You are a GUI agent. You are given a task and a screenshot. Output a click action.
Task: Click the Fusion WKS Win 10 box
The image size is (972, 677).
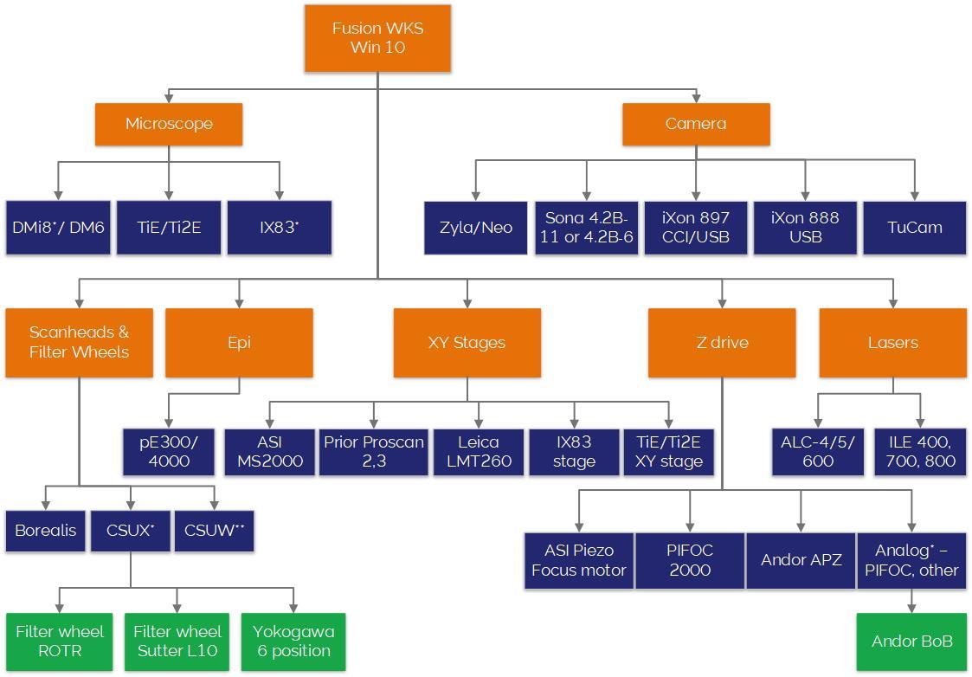point(377,38)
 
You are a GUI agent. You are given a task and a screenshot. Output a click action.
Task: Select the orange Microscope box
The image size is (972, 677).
point(169,124)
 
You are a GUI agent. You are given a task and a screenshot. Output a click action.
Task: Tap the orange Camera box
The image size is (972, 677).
point(696,124)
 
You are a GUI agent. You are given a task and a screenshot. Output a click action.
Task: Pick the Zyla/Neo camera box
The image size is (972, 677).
point(475,228)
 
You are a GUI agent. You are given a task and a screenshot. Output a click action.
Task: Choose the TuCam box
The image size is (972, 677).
point(914,228)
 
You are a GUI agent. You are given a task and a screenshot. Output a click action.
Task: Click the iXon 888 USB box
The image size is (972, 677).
point(805,228)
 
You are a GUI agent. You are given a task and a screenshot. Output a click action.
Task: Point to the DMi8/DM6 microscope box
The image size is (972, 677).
point(58,228)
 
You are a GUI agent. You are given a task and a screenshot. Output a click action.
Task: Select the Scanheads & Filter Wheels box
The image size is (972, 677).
point(79,343)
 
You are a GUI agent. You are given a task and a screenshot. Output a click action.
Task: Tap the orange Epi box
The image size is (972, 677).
point(239,343)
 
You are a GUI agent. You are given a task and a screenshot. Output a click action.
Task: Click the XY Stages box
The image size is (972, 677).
point(467,343)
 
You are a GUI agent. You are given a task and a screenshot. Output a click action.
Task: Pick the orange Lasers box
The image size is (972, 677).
point(892,343)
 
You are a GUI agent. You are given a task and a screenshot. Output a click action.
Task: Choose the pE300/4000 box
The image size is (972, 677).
point(169,451)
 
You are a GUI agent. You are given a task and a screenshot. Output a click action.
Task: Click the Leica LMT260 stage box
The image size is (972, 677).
point(479,451)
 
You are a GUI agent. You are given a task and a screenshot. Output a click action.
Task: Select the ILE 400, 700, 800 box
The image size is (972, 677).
point(920,451)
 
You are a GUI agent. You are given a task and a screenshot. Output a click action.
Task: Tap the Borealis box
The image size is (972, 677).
point(46,531)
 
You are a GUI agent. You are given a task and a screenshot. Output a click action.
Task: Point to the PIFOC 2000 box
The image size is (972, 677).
point(690,560)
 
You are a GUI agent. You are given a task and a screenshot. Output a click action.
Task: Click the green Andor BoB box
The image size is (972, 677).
point(911,642)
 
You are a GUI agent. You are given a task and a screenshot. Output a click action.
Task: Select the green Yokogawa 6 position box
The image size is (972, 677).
point(293,642)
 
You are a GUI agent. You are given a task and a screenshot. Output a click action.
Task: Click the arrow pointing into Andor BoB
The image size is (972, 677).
point(911,607)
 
